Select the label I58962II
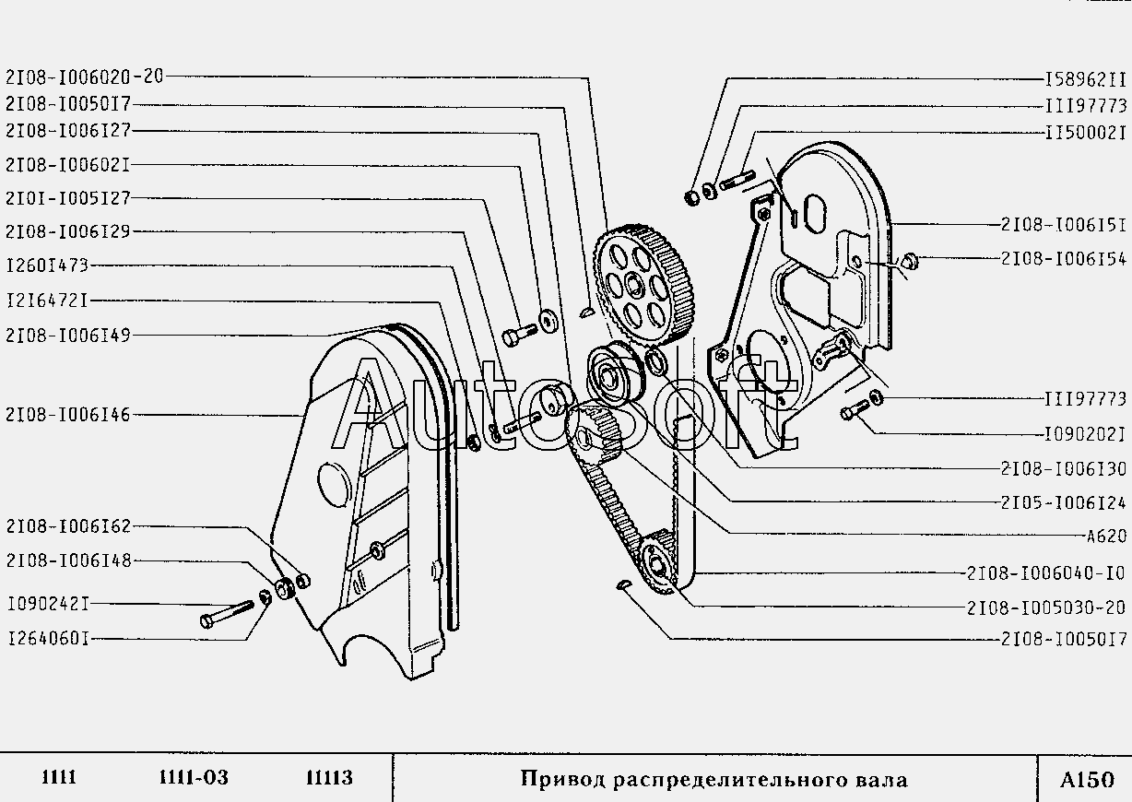click(1085, 79)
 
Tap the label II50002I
click(1085, 133)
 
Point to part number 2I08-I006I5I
click(1063, 224)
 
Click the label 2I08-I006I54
click(1063, 259)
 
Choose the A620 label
click(1105, 537)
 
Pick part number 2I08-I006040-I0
click(1046, 573)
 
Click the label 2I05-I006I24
click(1063, 503)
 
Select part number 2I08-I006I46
click(67, 416)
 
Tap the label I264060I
click(47, 638)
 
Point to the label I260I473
click(47, 265)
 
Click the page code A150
click(1086, 779)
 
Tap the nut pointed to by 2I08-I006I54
click(907, 262)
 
